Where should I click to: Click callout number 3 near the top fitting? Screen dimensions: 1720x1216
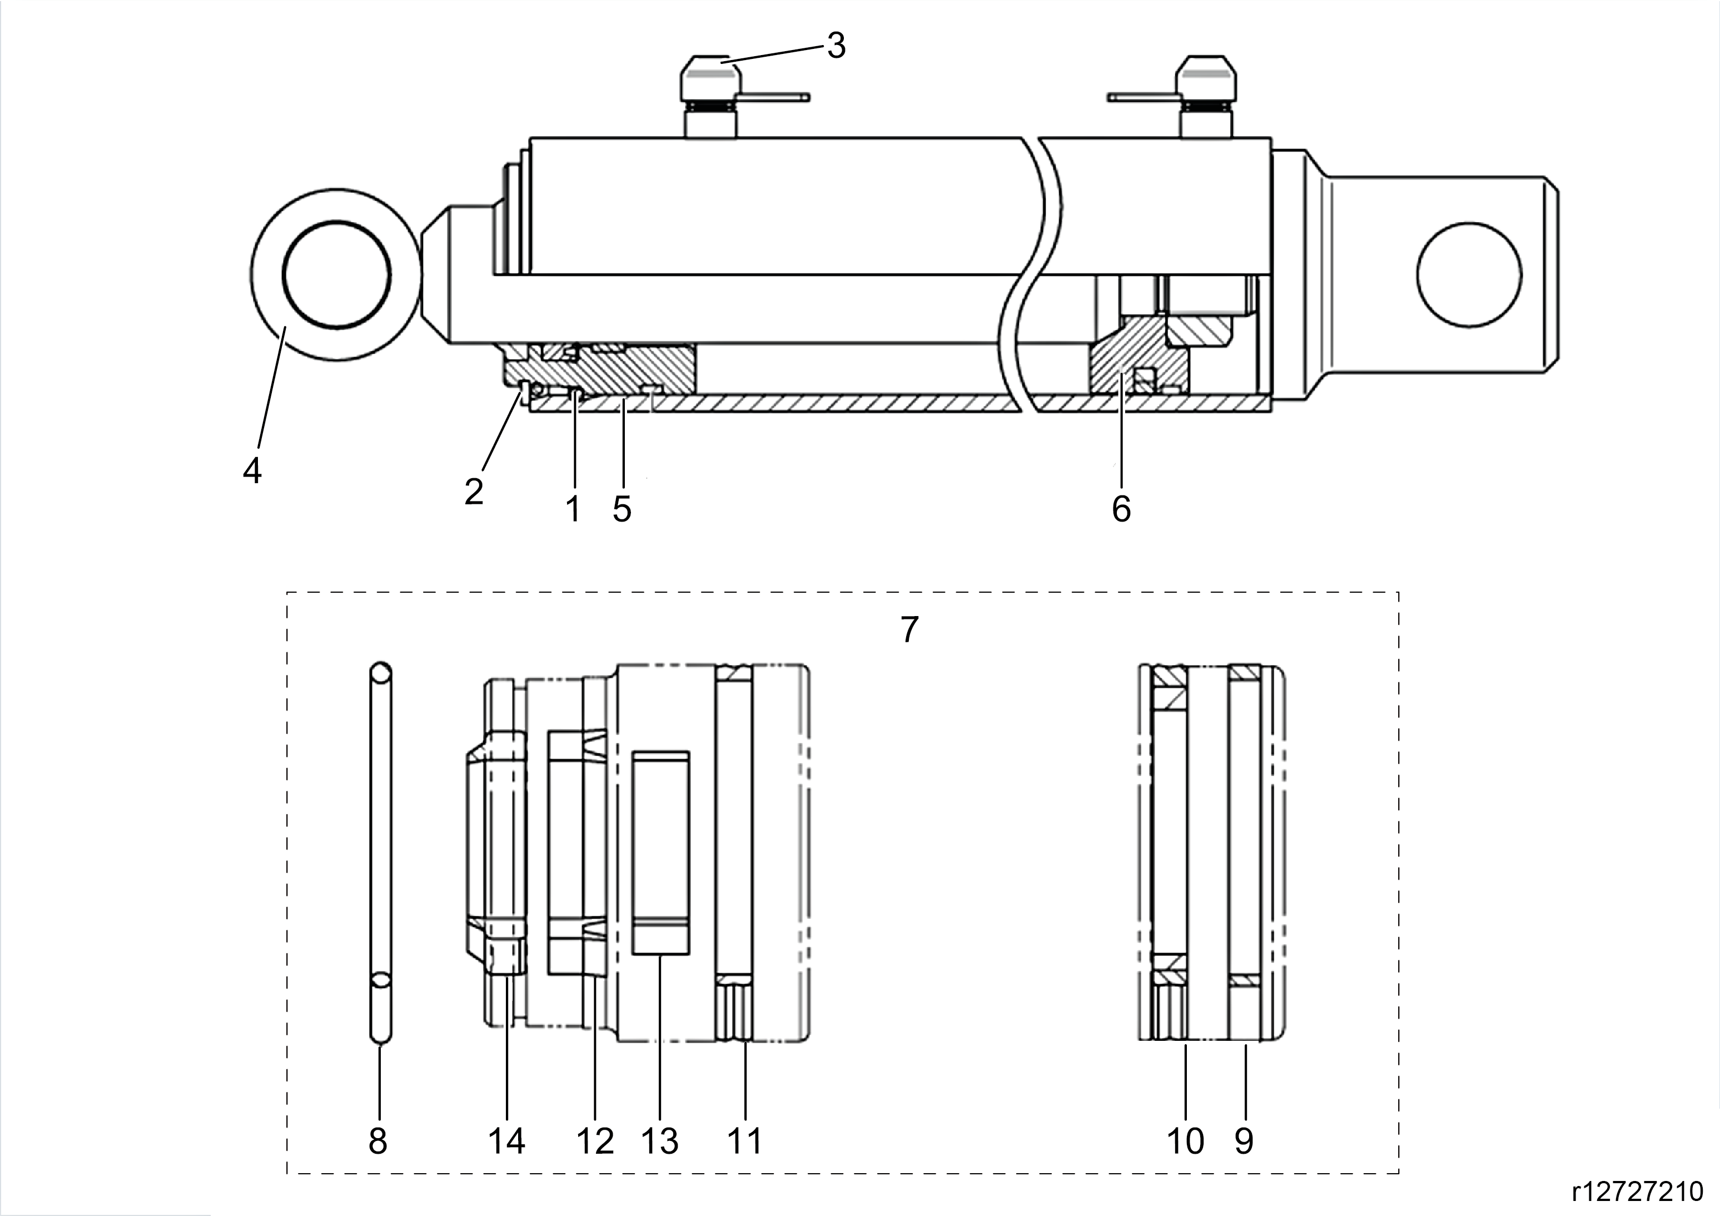(836, 46)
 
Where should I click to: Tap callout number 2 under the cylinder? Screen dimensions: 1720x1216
(474, 492)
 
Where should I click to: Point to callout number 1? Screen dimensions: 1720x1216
(573, 509)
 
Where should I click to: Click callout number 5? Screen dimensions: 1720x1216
(622, 509)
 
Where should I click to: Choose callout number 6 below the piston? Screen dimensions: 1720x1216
(1121, 509)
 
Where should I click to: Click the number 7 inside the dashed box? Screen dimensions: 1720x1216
(909, 630)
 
